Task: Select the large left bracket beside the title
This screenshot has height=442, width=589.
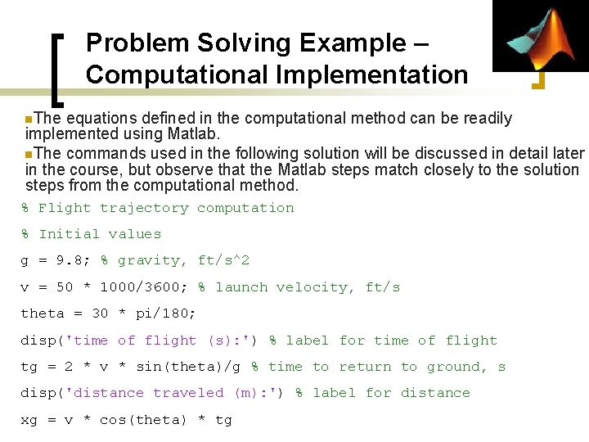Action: (x=58, y=70)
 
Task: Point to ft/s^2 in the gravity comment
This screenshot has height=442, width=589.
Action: (x=223, y=260)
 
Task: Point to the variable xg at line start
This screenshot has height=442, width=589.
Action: (x=29, y=420)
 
